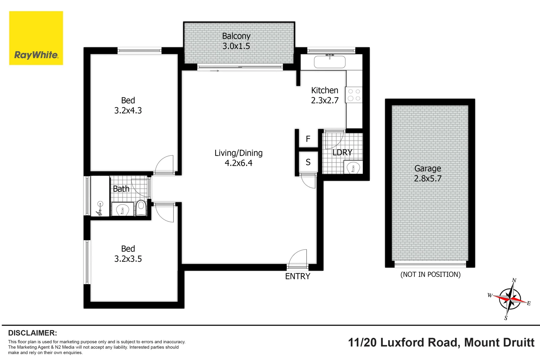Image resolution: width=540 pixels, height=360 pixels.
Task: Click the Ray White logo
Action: (x=36, y=38)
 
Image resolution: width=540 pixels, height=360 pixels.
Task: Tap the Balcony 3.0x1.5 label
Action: (x=236, y=41)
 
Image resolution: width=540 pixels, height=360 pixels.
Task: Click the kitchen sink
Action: (x=330, y=62)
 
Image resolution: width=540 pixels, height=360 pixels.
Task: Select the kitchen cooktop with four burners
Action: (x=354, y=95)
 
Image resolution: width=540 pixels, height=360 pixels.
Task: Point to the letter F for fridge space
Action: (x=308, y=139)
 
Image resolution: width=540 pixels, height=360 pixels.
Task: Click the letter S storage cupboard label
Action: (x=308, y=162)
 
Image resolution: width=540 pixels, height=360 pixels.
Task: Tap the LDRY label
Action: (x=342, y=152)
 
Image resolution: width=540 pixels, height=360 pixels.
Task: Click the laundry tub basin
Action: (x=353, y=168)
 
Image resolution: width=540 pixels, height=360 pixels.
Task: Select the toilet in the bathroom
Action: (x=141, y=208)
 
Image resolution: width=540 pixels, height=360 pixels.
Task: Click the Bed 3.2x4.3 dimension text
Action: (x=128, y=110)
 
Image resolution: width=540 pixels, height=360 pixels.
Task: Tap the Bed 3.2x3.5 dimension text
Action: (x=128, y=259)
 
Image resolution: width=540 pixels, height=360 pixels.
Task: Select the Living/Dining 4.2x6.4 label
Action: (x=238, y=158)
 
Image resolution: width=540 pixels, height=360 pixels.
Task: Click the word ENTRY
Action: (x=297, y=276)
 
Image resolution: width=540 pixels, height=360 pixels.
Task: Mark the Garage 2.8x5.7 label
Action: (x=428, y=173)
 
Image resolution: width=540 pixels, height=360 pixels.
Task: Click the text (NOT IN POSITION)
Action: (x=430, y=274)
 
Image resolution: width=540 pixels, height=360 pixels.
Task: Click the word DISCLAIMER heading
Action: (x=32, y=333)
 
